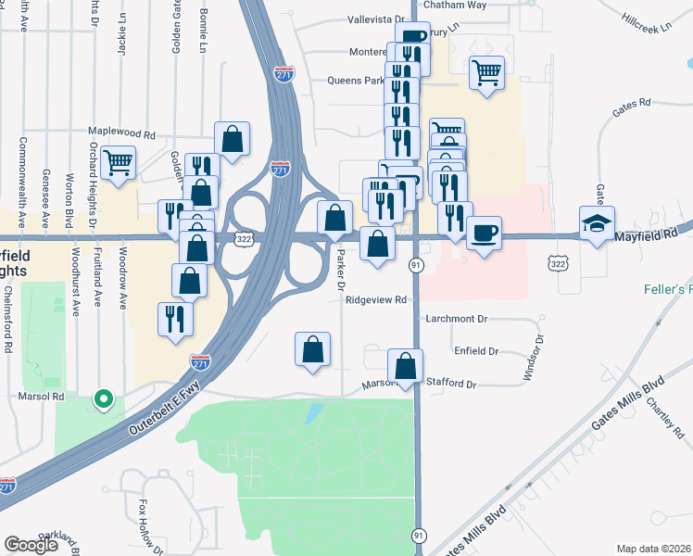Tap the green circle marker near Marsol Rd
pos(105,400)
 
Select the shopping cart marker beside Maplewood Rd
pos(119,163)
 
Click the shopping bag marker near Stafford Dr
pos(405,366)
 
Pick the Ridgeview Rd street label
pos(376,299)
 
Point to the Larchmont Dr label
pos(456,318)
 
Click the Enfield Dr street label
pos(476,351)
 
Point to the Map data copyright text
pos(654,549)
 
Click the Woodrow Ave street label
pos(122,278)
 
